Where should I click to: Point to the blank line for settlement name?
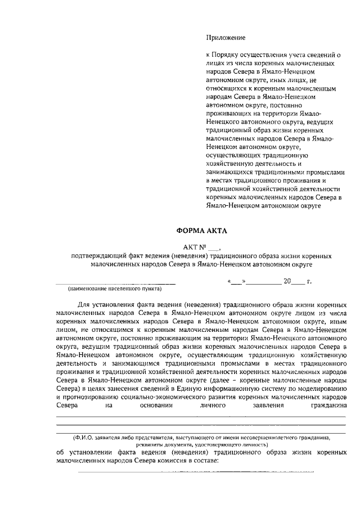click(x=115, y=281)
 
